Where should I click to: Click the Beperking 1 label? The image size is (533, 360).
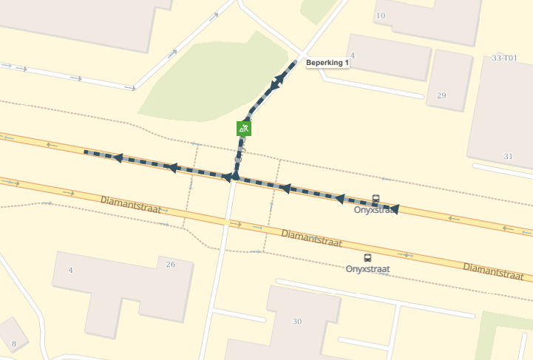point(327,64)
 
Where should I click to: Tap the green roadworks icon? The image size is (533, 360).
point(244,128)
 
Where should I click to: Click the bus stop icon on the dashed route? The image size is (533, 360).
point(376,199)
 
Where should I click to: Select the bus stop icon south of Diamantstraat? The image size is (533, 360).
point(367,257)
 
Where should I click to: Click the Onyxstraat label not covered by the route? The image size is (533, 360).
point(367,269)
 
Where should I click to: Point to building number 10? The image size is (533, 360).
point(381,16)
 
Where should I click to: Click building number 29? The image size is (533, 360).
point(442,95)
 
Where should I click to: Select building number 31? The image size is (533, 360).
point(508,156)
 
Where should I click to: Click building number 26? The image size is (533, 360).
point(171,264)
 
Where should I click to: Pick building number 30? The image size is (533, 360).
point(297,321)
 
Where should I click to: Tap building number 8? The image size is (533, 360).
point(13,344)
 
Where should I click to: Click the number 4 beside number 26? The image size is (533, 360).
point(71,270)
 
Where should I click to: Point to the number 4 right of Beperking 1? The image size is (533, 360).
point(353,55)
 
